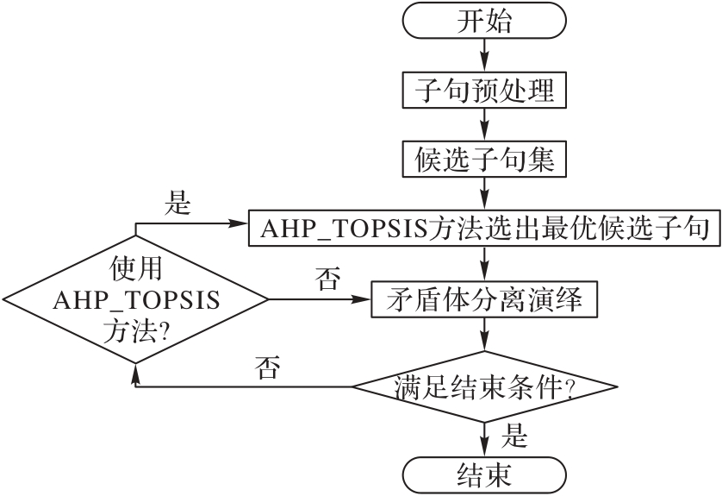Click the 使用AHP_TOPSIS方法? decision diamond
click(x=135, y=300)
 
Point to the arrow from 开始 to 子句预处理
click(x=483, y=55)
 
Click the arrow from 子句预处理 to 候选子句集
click(x=483, y=125)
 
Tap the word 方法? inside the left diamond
click(x=135, y=330)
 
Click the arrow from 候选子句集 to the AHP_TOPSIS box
click(x=483, y=194)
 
